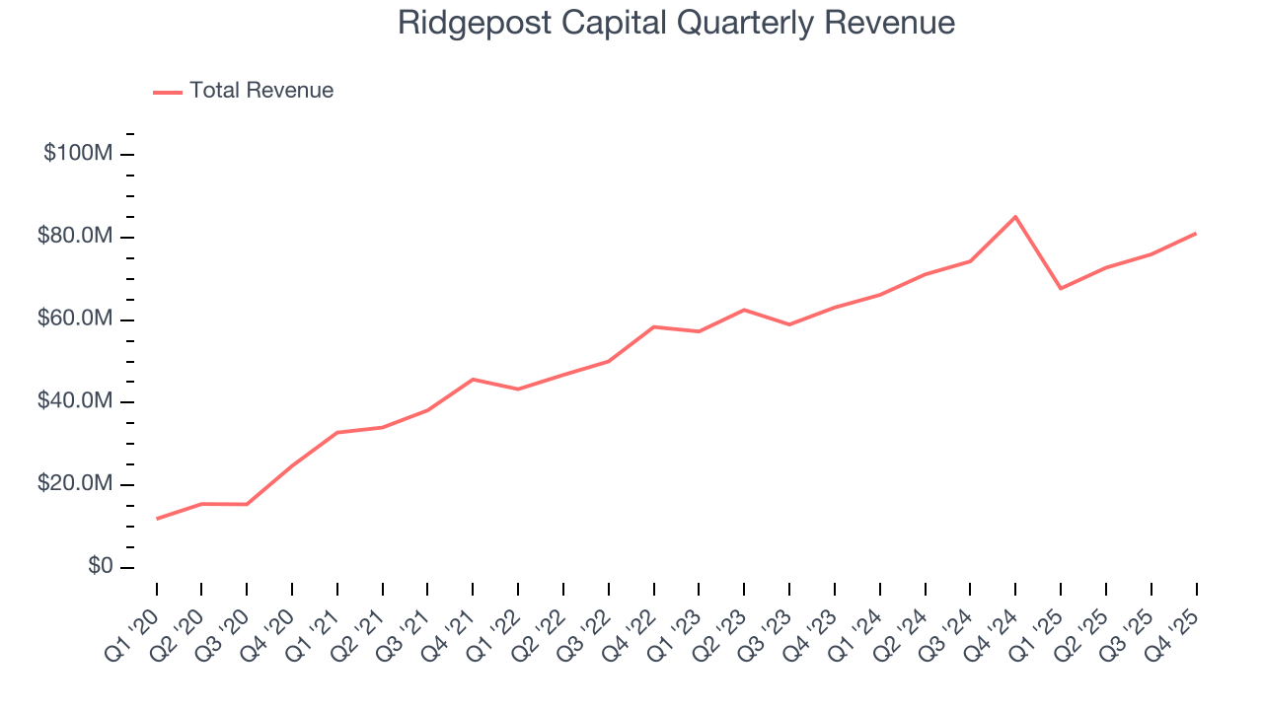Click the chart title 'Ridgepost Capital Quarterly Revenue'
[x=676, y=23]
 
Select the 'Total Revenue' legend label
[x=261, y=91]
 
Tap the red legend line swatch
[x=168, y=92]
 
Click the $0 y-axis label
[x=98, y=567]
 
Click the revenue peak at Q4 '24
[x=1015, y=217]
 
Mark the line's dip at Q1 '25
[x=1061, y=288]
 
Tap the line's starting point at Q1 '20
[x=157, y=519]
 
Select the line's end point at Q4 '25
[x=1196, y=234]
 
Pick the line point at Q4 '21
[x=473, y=380]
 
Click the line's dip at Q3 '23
[x=789, y=324]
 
